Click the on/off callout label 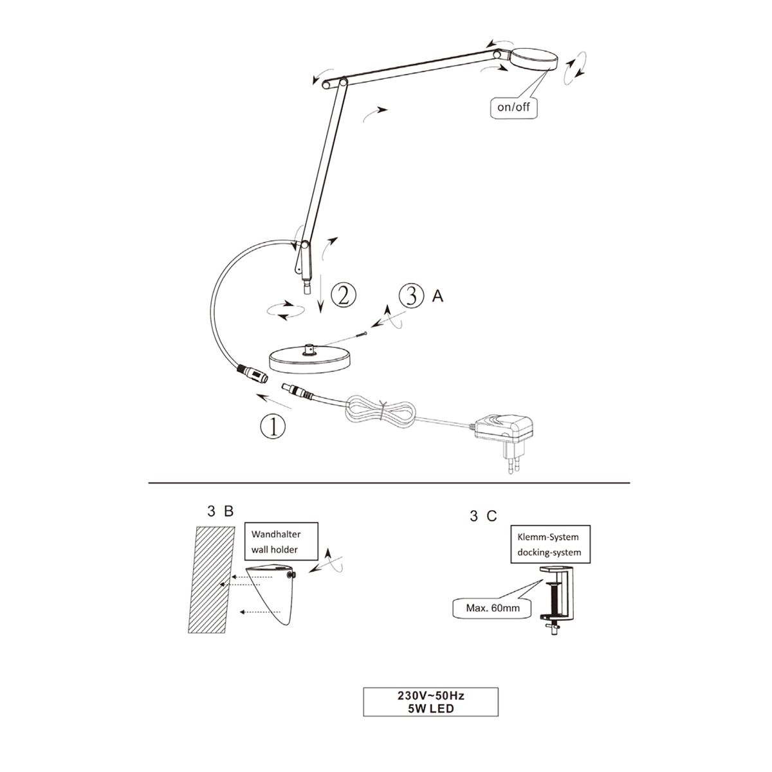(x=513, y=107)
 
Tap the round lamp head (x=534, y=60)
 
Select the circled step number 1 (x=273, y=426)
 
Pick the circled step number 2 (x=344, y=296)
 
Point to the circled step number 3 (x=411, y=296)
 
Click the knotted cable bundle (x=383, y=413)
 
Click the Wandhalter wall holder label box (x=281, y=541)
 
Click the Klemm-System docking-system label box (x=550, y=544)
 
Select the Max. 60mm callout (x=493, y=608)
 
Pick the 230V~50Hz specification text (x=430, y=695)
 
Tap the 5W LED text (x=430, y=708)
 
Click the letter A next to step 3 (x=438, y=296)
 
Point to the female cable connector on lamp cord (x=252, y=373)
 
